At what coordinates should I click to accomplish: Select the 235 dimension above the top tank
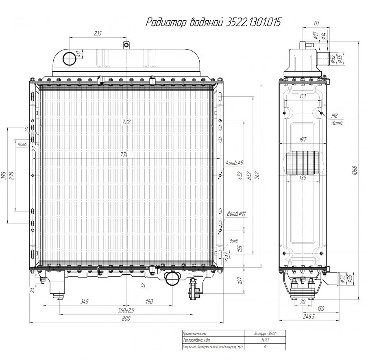[x=98, y=33]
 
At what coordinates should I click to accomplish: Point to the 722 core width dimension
[x=126, y=122]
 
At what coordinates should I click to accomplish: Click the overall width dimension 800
[x=126, y=319]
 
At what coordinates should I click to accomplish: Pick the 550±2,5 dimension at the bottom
[x=126, y=310]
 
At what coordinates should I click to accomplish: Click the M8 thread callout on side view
[x=336, y=116]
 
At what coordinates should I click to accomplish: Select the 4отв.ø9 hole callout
[x=234, y=163]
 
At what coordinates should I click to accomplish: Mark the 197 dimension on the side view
[x=303, y=139]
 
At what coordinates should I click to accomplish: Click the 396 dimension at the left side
[x=4, y=175]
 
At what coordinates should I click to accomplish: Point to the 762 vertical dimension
[x=257, y=175]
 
